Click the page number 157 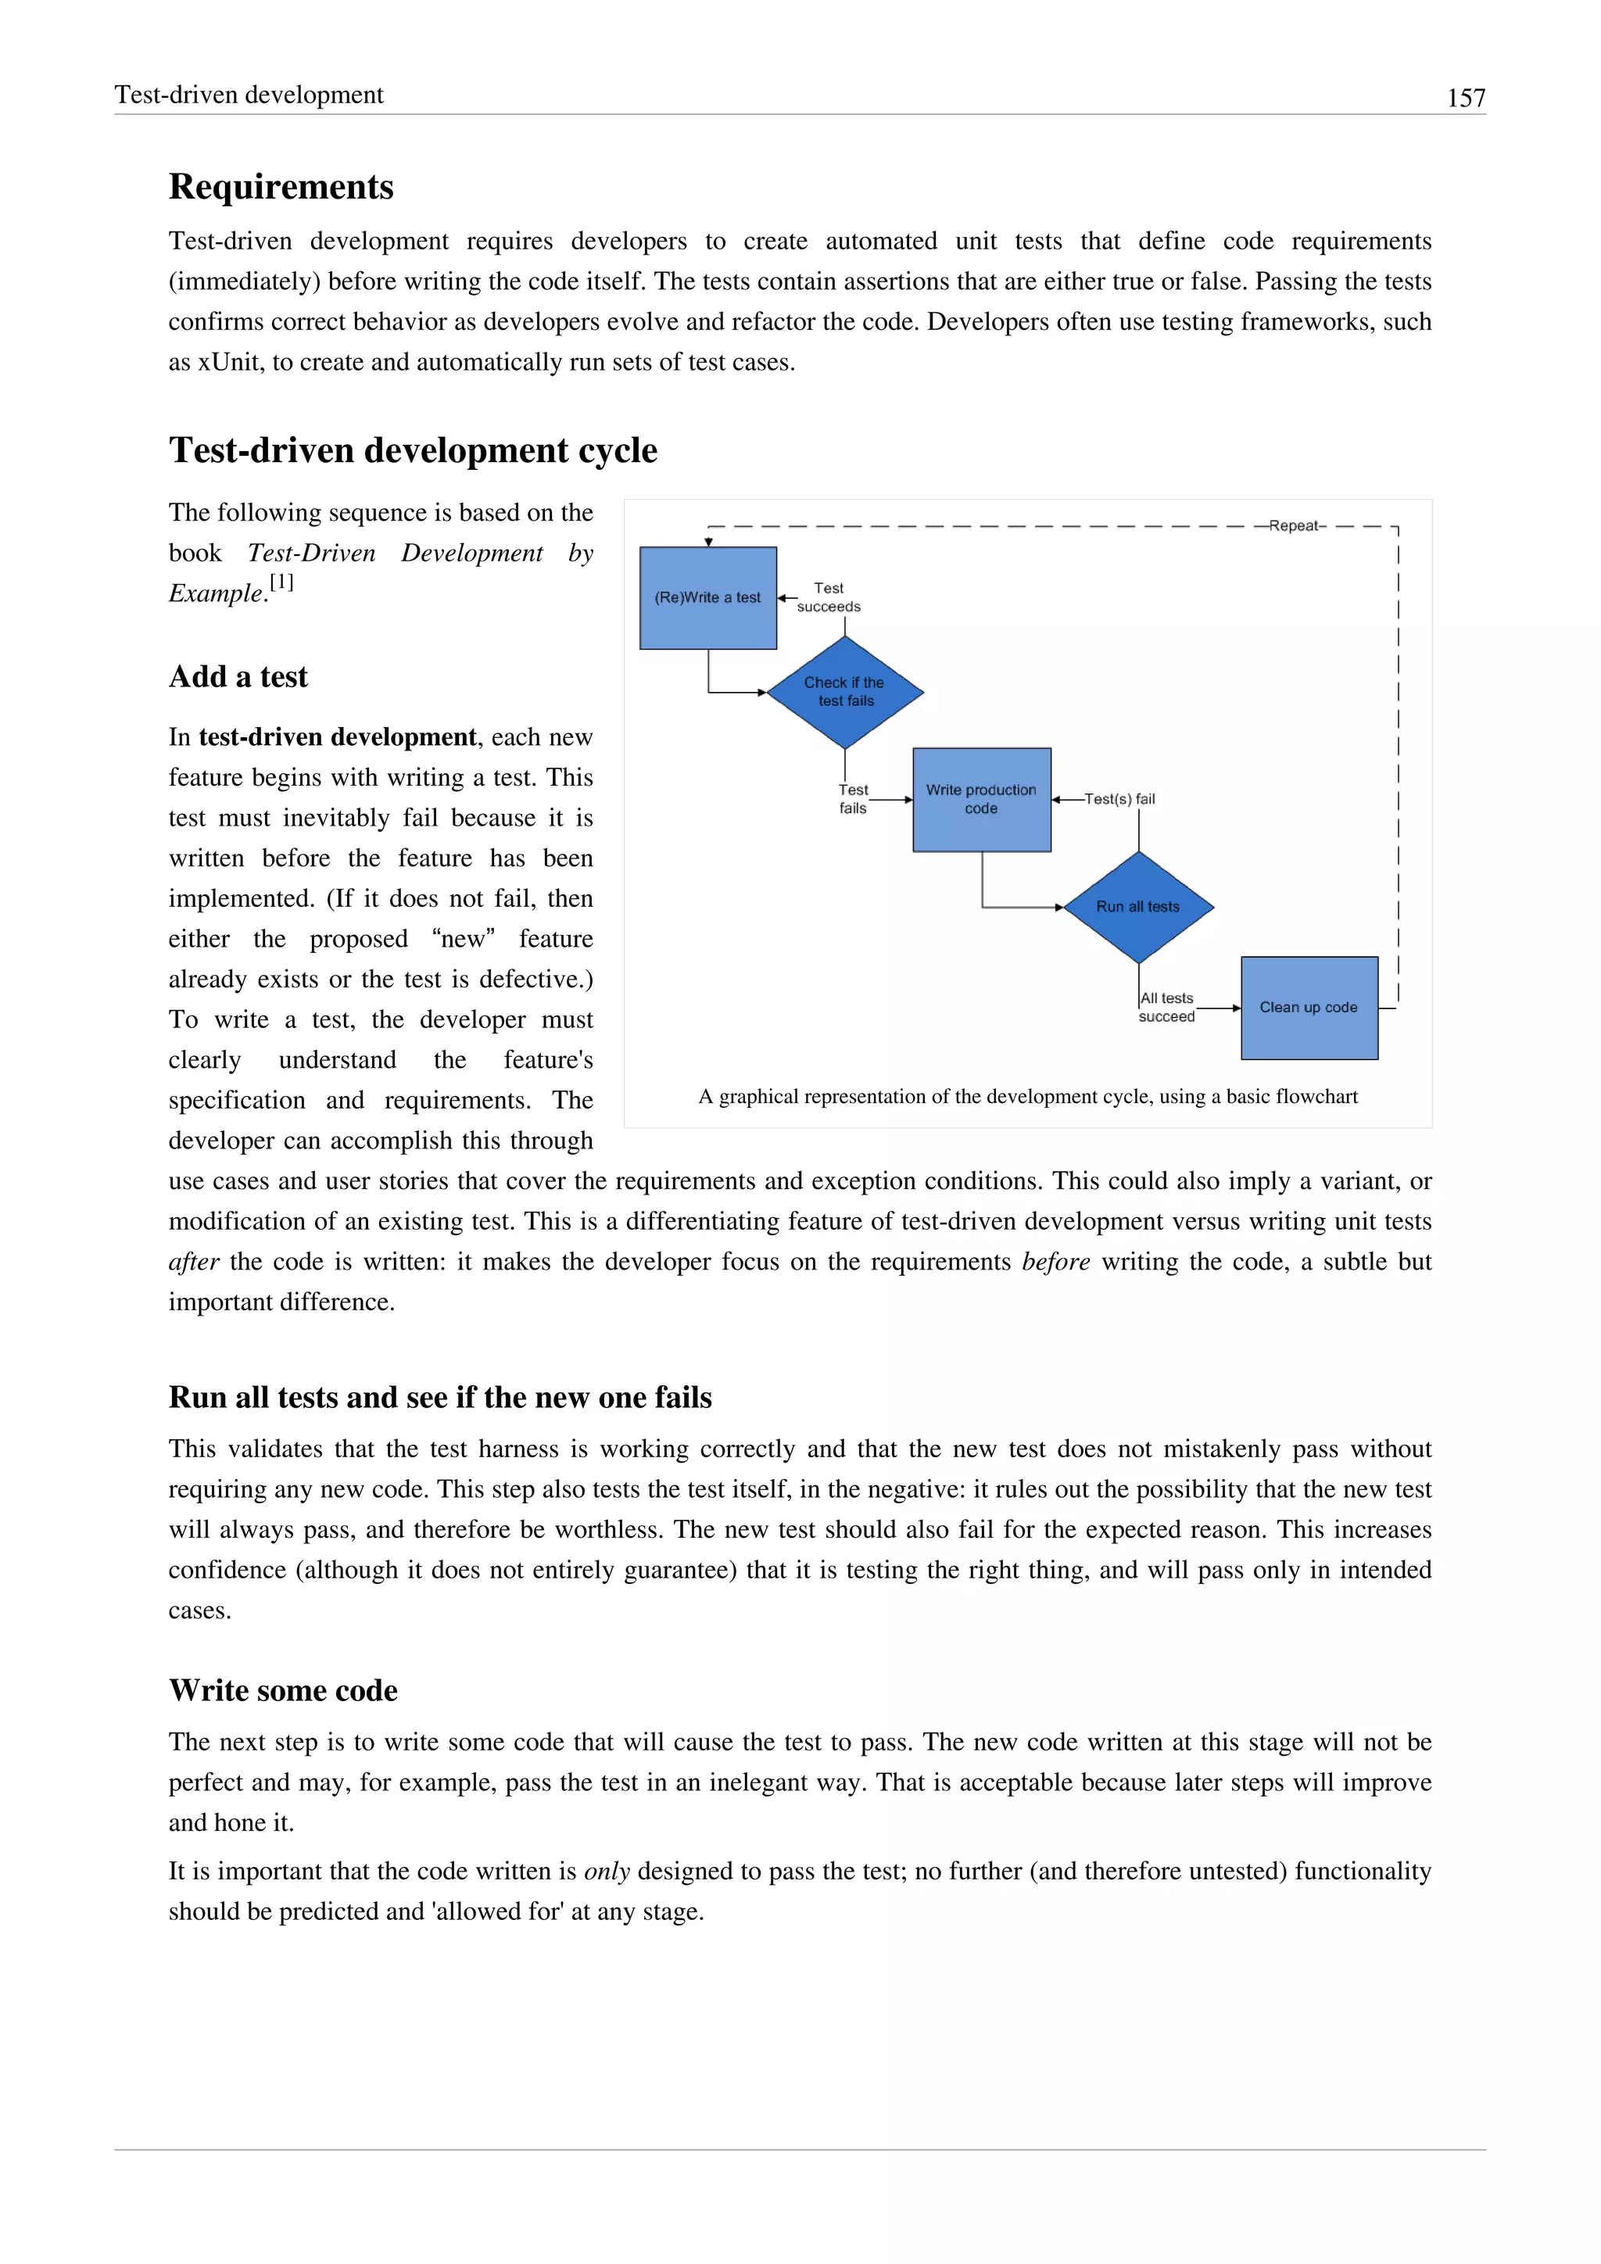point(1465,98)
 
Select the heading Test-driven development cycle point(412,450)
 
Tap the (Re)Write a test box point(707,597)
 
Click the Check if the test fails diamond point(845,692)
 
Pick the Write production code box point(981,800)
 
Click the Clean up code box point(1308,1008)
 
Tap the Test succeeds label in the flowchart point(828,597)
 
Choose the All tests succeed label point(1166,1008)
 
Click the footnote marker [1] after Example point(282,582)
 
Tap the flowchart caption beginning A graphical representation point(1027,1098)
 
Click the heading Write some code point(283,1691)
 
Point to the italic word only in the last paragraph point(607,1872)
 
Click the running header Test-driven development point(249,95)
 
